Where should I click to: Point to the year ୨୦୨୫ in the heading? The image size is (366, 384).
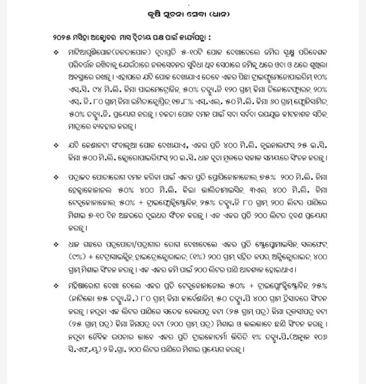63,39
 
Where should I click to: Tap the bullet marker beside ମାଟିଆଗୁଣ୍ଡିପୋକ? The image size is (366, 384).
55,52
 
